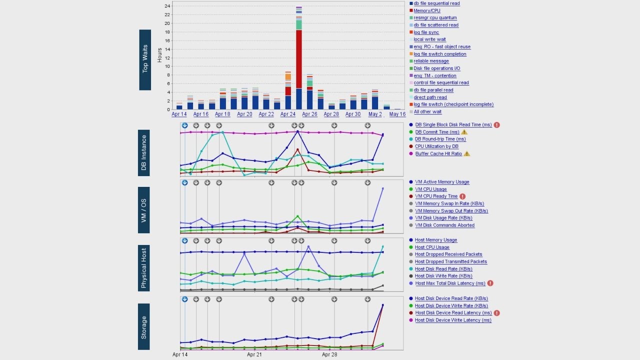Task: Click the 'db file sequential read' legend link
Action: pyautogui.click(x=436, y=3)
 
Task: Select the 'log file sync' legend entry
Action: pyautogui.click(x=426, y=32)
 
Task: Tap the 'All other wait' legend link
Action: pyautogui.click(x=427, y=112)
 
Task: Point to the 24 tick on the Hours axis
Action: pyautogui.click(x=167, y=6)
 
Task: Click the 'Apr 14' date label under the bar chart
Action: pyautogui.click(x=179, y=114)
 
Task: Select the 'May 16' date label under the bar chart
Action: pyautogui.click(x=397, y=114)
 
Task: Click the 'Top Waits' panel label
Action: pyautogui.click(x=145, y=60)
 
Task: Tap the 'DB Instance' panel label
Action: pyautogui.click(x=144, y=152)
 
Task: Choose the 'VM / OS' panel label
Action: pyautogui.click(x=144, y=210)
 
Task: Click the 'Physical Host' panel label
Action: pyautogui.click(x=144, y=268)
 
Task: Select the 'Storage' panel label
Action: pyautogui.click(x=144, y=326)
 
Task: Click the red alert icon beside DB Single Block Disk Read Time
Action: pyautogui.click(x=497, y=125)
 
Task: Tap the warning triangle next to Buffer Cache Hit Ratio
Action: pyautogui.click(x=466, y=154)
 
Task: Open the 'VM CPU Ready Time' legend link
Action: pyautogui.click(x=436, y=196)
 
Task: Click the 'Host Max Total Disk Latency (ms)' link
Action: pyautogui.click(x=450, y=283)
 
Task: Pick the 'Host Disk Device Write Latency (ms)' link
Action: pyautogui.click(x=453, y=320)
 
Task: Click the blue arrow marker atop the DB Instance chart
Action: pyautogui.click(x=184, y=125)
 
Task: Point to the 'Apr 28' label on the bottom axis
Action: pyautogui.click(x=329, y=354)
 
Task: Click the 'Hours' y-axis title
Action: pyautogui.click(x=160, y=55)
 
